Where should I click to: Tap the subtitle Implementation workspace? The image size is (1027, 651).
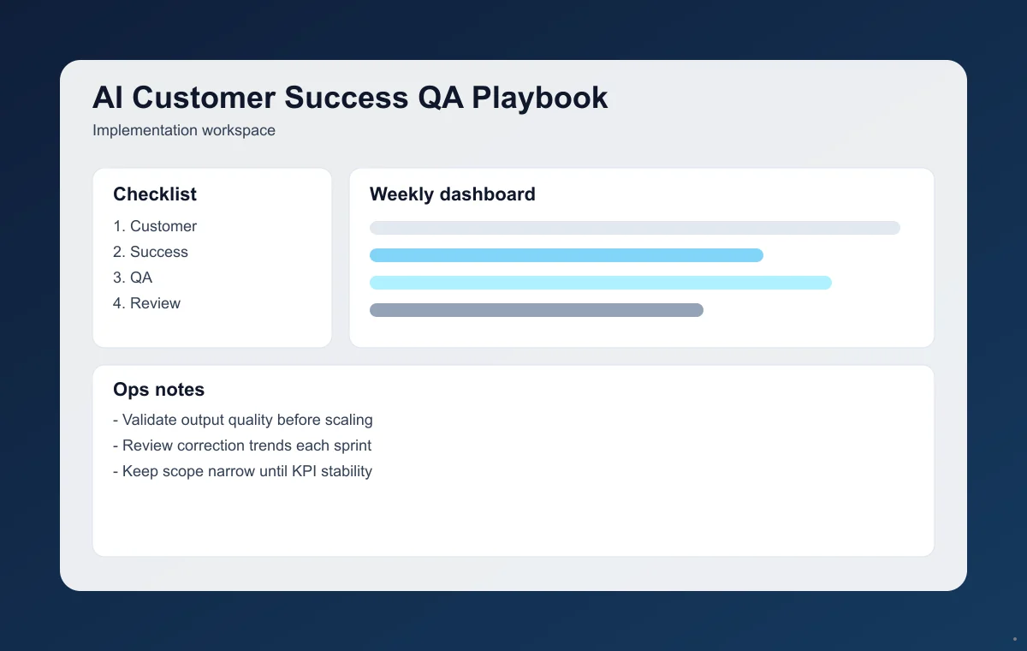coord(184,131)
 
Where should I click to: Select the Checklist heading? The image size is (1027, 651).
coord(155,194)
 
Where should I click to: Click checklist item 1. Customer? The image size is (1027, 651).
coord(155,226)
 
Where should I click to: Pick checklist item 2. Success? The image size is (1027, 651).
coord(151,252)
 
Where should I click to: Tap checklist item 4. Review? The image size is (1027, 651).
coord(146,303)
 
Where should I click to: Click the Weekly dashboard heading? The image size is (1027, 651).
coord(452,194)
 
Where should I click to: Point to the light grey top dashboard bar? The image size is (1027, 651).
coord(634,228)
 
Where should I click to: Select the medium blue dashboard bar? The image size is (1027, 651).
coord(566,255)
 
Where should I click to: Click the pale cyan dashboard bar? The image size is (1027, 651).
coord(600,283)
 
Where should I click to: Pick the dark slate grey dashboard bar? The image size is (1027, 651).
coord(536,310)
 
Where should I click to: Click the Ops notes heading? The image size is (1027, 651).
coord(158,390)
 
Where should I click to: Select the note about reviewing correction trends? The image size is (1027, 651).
coord(242,445)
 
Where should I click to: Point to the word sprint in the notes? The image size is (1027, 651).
coord(352,445)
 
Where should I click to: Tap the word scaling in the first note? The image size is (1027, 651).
coord(347,421)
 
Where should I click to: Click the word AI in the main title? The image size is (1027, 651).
coord(107,98)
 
